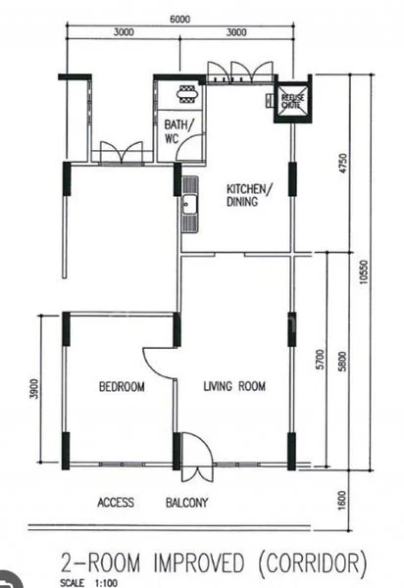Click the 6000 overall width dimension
point(177,19)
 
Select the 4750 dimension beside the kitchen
point(341,163)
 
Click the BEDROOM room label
point(122,388)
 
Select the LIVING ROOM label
point(234,388)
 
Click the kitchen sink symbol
point(188,209)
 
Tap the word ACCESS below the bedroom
point(116,504)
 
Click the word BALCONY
point(186,504)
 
